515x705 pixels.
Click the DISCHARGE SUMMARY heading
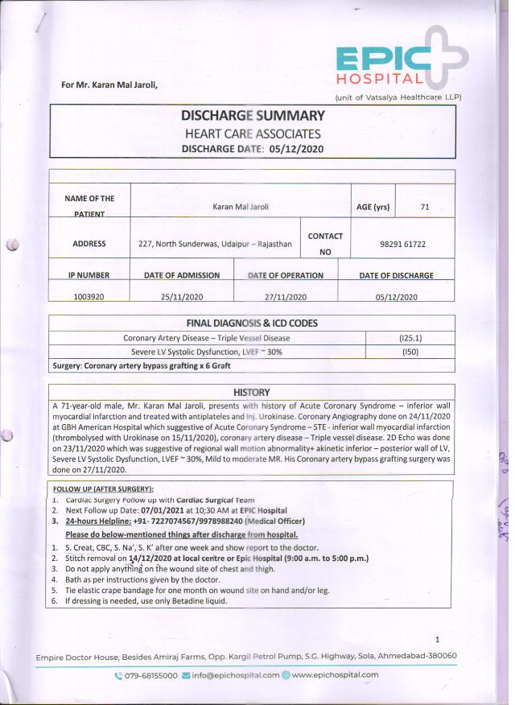click(x=253, y=115)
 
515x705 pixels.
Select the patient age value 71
click(x=425, y=207)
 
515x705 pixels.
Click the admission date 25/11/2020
click(x=180, y=296)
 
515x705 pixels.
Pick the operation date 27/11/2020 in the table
click(x=285, y=296)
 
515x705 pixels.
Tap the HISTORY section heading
click(x=252, y=391)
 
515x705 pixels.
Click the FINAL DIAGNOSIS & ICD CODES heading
click(x=252, y=324)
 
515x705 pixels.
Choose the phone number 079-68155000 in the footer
click(x=150, y=675)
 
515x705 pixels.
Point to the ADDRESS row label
click(x=89, y=242)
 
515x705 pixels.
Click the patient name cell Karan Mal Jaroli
click(x=241, y=207)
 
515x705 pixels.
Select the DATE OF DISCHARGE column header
click(x=396, y=275)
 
